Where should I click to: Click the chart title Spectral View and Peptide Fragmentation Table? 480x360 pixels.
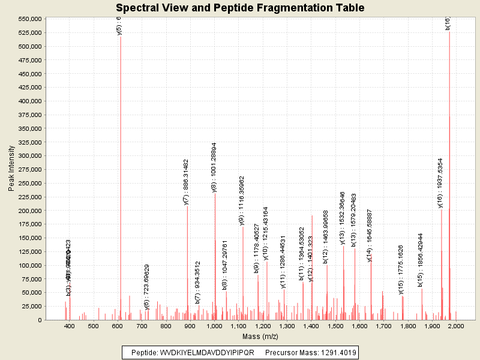coord(240,8)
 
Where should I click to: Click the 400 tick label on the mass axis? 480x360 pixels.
coord(70,326)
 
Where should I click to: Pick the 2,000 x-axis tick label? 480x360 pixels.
coord(456,326)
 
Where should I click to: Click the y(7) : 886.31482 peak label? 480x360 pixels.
coord(186,182)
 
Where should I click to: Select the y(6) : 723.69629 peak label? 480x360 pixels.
coord(147,287)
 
